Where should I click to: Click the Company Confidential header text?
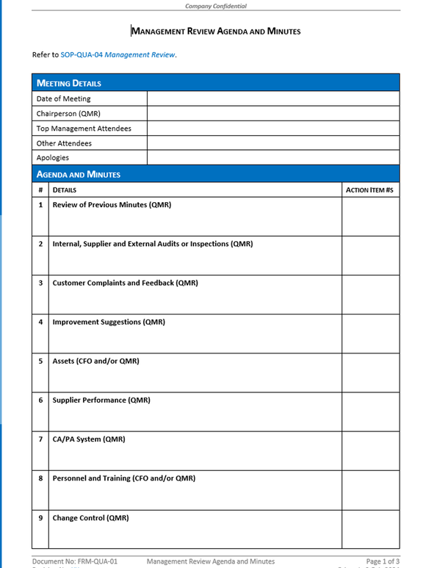(215, 6)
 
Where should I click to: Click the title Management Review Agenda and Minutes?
(216, 32)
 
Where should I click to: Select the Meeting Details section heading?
(69, 83)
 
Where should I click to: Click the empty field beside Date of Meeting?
(273, 98)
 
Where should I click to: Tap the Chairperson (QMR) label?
(68, 114)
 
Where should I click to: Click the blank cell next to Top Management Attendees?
(273, 129)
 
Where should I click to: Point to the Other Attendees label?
(64, 143)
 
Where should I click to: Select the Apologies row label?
(53, 158)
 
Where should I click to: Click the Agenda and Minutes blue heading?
(79, 174)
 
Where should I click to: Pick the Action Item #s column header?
(369, 190)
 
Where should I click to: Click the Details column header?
(65, 190)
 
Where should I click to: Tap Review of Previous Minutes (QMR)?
(112, 205)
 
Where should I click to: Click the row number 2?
(40, 244)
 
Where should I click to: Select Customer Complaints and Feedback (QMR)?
(125, 283)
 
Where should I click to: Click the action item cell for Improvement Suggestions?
(370, 334)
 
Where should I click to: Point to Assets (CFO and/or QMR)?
(95, 362)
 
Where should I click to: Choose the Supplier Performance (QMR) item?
(101, 400)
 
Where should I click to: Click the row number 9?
(40, 518)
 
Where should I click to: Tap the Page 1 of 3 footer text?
(383, 561)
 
